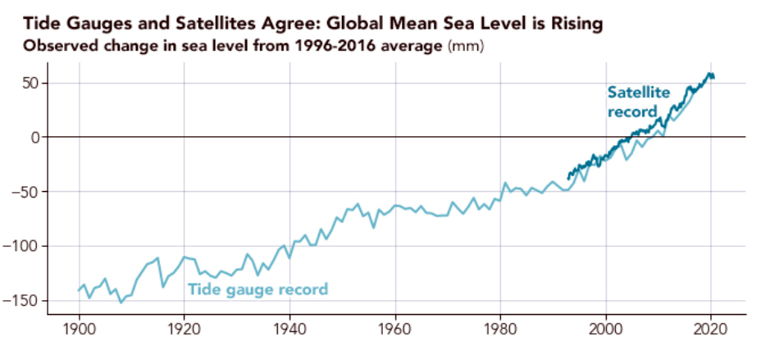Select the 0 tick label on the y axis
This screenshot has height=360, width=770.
pyautogui.click(x=36, y=138)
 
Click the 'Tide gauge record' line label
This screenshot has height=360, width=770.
pyautogui.click(x=257, y=289)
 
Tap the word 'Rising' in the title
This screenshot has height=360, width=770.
pyautogui.click(x=577, y=24)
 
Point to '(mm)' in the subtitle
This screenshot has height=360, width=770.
pyautogui.click(x=467, y=46)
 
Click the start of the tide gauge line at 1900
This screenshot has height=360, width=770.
pyautogui.click(x=80, y=290)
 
